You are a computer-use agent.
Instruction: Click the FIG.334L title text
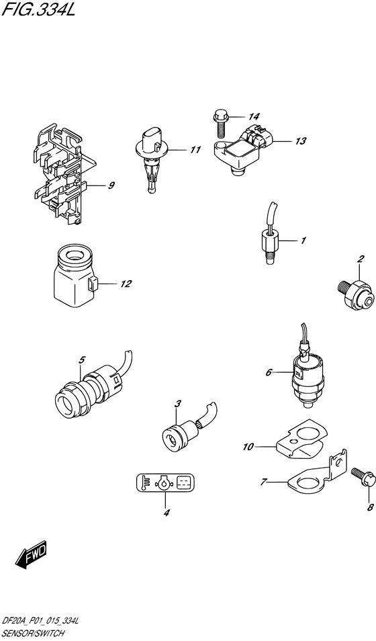click(x=41, y=11)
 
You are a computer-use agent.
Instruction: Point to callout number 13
click(x=299, y=141)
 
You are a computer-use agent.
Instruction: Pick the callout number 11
click(x=195, y=150)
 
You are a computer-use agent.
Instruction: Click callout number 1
click(x=303, y=240)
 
